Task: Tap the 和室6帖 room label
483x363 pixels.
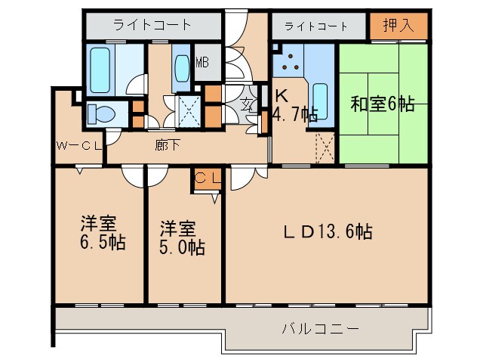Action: (x=382, y=104)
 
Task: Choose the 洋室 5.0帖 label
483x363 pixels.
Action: (x=182, y=237)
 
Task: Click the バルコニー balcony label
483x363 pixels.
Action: (x=320, y=329)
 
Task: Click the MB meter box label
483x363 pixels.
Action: (x=202, y=63)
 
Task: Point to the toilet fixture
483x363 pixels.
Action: (x=98, y=114)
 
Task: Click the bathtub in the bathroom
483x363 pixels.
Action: (x=101, y=68)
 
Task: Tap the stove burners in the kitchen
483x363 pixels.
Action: (x=289, y=64)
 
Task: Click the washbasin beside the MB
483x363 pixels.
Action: (x=182, y=68)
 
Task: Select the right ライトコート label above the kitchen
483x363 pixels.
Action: (x=315, y=26)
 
